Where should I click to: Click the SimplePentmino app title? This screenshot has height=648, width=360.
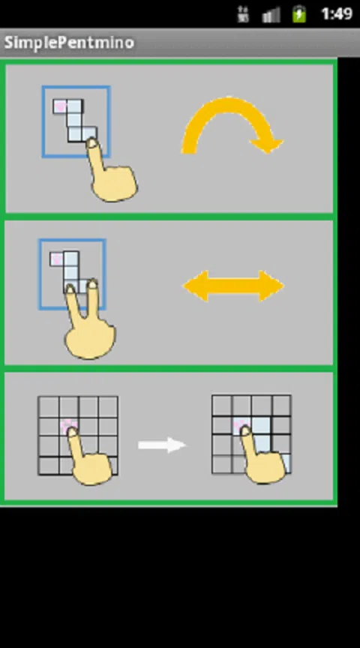coord(69,43)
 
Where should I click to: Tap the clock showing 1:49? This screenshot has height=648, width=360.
coord(337,14)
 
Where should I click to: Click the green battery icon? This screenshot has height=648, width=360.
coord(299,14)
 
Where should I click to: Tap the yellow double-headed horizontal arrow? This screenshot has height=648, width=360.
coord(233,286)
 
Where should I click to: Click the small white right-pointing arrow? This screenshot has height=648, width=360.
coord(162,445)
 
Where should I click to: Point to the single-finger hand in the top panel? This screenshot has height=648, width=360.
coord(109,175)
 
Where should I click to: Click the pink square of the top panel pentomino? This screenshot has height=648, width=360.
coord(60,106)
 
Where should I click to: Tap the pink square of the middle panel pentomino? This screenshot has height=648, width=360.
coord(56,259)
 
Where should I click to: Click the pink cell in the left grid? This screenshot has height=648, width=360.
coord(68,427)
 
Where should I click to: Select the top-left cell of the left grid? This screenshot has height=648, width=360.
coord(49,407)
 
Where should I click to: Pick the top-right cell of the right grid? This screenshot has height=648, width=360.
coord(281,406)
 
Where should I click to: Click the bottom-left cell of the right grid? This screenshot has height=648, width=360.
coord(222,463)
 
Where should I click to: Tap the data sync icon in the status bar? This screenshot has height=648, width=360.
coord(242,14)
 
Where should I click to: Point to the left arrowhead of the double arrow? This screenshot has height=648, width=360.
coord(195,286)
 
